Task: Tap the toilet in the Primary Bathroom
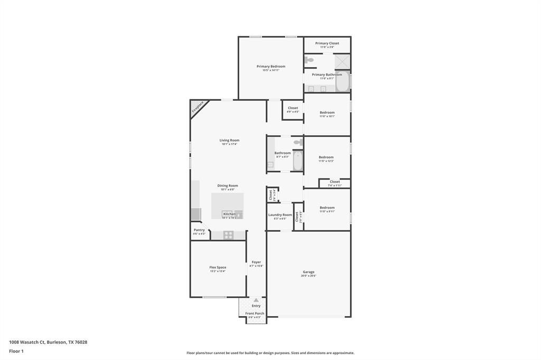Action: click(x=310, y=60)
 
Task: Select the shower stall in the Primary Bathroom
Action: click(x=342, y=61)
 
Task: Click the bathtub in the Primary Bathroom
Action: click(x=342, y=82)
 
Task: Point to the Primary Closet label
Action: click(x=327, y=43)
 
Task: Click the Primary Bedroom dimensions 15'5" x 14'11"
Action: click(x=270, y=70)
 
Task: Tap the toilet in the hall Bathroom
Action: click(x=298, y=142)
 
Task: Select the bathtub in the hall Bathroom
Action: click(x=297, y=161)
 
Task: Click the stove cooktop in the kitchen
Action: click(x=228, y=235)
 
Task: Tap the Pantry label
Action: click(x=199, y=230)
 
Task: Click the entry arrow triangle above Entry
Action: click(x=256, y=300)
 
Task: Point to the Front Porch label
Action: click(x=255, y=314)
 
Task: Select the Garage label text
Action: click(x=309, y=272)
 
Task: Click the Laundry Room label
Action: click(x=280, y=215)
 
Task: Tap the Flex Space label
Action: click(x=218, y=268)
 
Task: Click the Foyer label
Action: click(x=256, y=262)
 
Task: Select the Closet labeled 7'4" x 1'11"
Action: click(x=334, y=182)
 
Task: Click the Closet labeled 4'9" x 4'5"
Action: click(x=293, y=108)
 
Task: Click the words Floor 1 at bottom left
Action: click(x=16, y=351)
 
